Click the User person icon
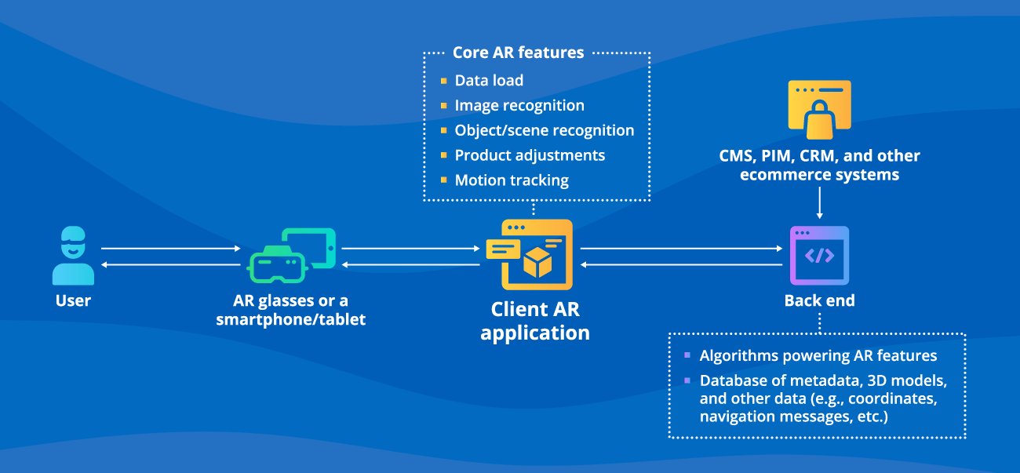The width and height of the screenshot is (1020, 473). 73,256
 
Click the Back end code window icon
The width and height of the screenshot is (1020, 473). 819,256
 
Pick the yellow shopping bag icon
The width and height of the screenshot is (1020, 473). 819,107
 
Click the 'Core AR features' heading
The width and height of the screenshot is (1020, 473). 518,53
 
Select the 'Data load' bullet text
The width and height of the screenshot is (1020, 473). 489,81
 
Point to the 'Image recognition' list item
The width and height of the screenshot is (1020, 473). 519,106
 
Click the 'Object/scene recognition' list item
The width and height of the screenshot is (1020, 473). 545,130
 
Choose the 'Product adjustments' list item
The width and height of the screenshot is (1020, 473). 530,155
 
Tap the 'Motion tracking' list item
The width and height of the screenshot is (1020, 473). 512,180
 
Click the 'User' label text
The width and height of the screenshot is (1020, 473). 73,300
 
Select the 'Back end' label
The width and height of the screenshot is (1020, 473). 819,300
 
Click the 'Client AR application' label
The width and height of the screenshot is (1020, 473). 534,321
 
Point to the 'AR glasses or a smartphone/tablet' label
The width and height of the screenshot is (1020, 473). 291,310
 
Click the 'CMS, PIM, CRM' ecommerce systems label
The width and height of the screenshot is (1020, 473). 819,165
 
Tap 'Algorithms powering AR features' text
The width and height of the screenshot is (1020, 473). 818,355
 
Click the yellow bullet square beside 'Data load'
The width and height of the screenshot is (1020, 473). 443,81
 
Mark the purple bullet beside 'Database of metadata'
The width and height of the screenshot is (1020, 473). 687,380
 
